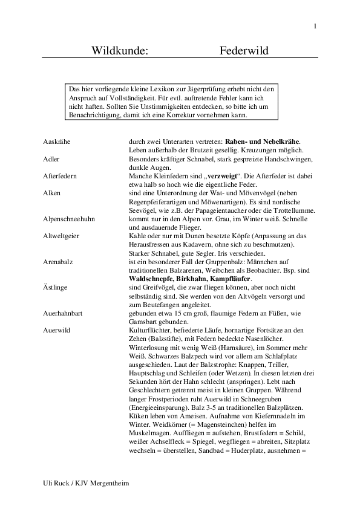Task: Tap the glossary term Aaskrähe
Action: [x=57, y=141]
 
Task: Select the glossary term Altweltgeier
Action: [x=63, y=235]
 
